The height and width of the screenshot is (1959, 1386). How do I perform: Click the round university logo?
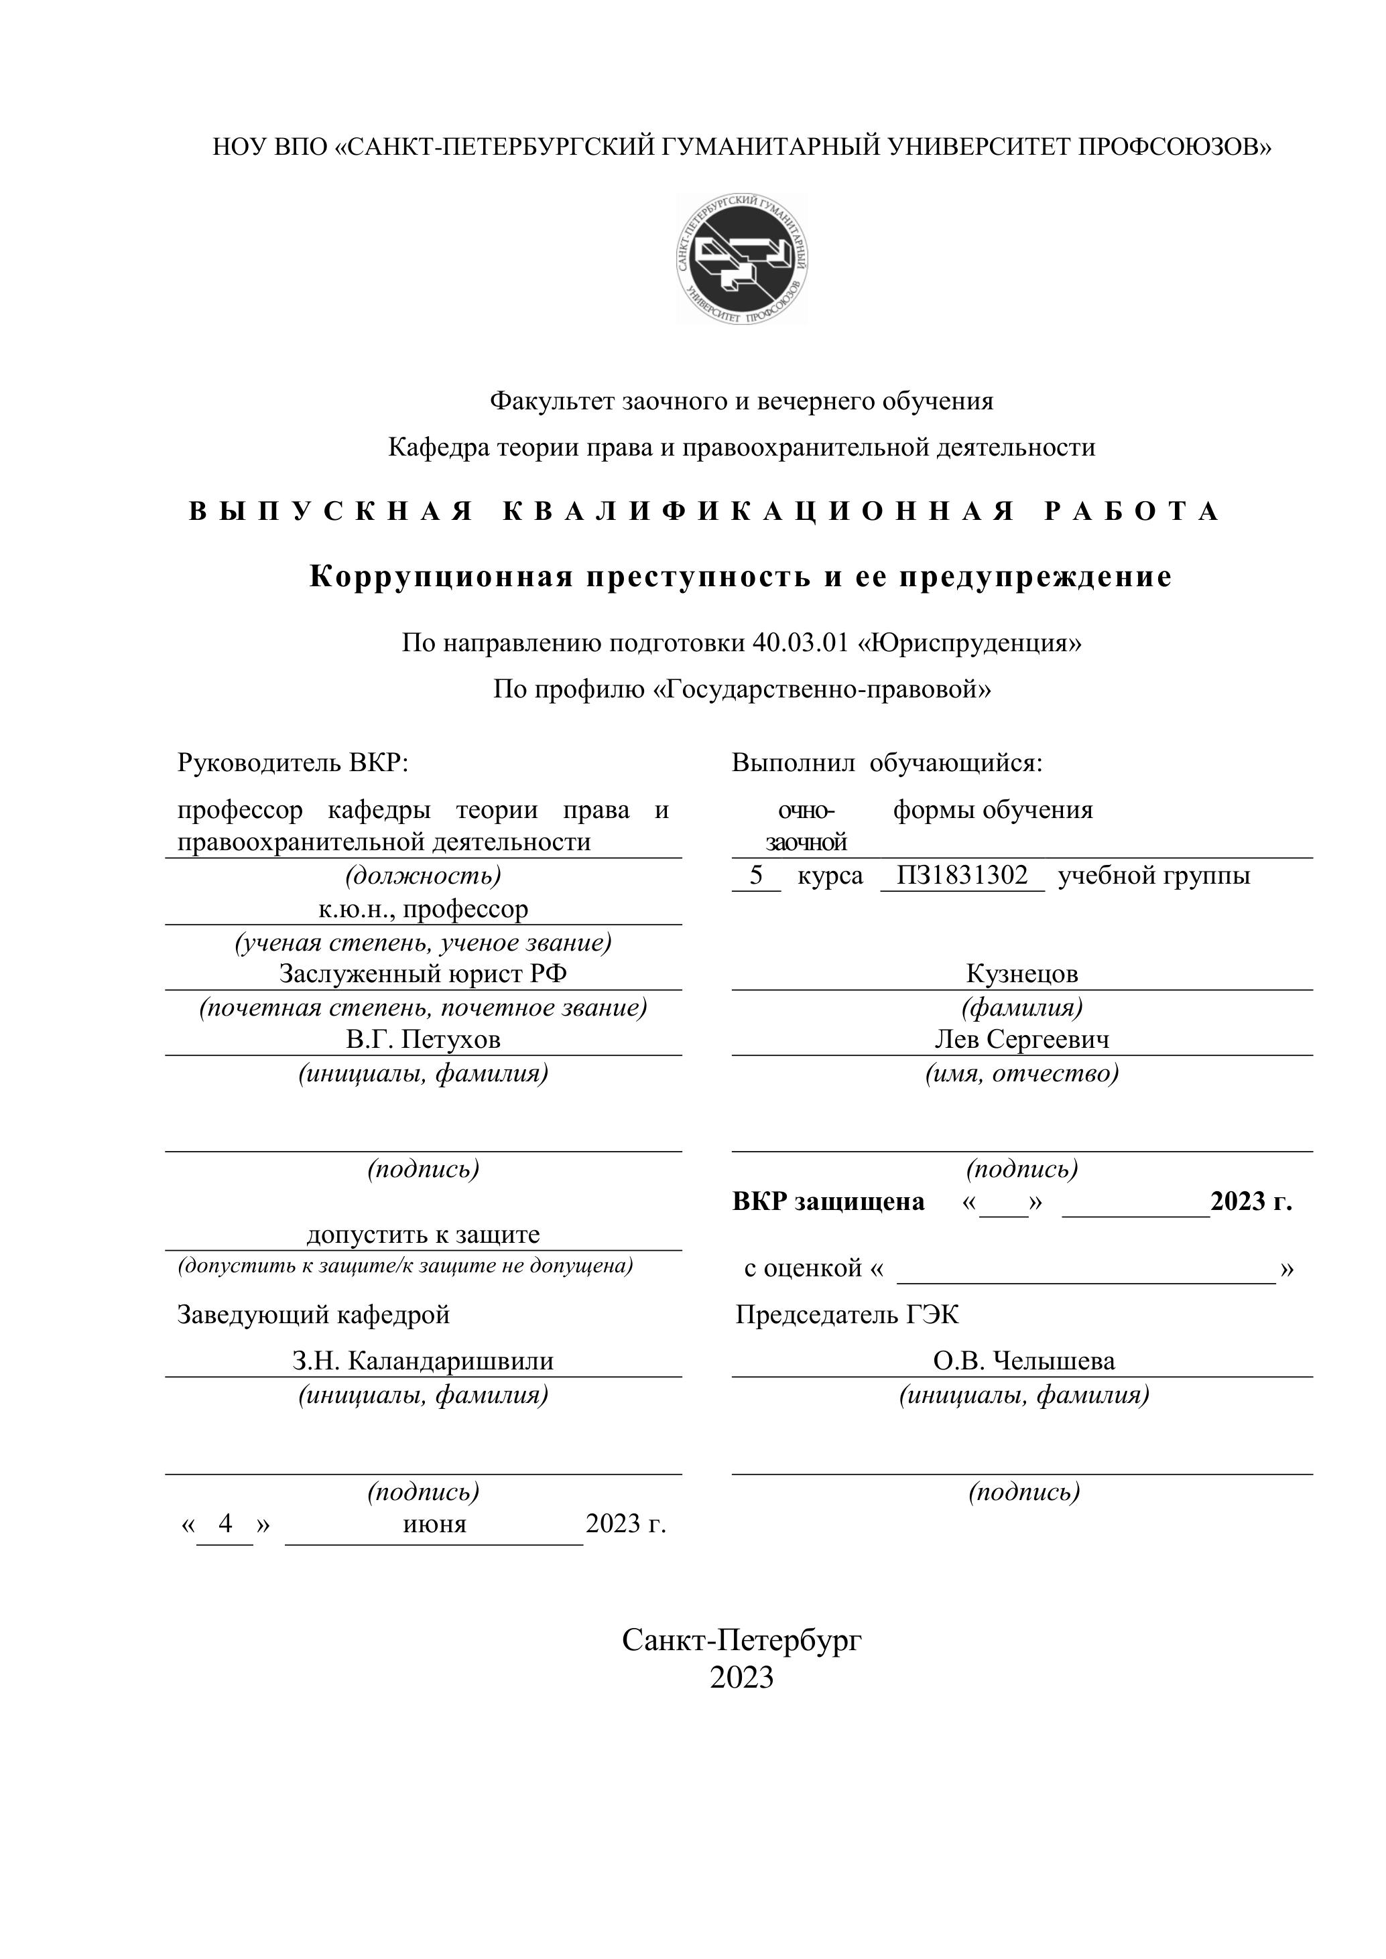(742, 259)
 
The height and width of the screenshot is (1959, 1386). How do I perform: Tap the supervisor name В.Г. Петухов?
(424, 1039)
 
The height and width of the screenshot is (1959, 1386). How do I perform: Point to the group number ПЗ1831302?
(962, 876)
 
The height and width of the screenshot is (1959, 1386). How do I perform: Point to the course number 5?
(755, 876)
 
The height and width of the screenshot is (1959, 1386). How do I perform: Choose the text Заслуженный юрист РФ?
(424, 973)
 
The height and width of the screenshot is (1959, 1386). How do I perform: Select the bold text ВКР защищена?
(828, 1201)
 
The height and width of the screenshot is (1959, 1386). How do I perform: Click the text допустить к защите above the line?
(424, 1235)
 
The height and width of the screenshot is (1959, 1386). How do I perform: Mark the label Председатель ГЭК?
(846, 1314)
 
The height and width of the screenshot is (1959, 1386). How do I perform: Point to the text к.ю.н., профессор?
(424, 908)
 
